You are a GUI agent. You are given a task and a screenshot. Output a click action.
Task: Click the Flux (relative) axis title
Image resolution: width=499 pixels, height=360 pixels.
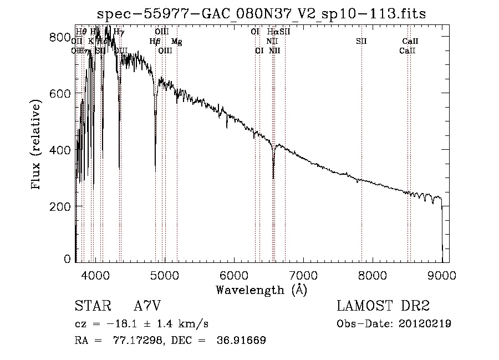37,145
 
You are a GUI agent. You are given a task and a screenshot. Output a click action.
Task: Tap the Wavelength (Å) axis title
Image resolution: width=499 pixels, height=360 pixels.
261,290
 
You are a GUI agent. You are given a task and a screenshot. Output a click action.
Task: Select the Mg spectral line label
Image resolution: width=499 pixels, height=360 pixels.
176,42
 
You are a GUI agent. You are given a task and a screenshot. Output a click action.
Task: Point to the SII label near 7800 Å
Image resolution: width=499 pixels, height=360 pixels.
361,42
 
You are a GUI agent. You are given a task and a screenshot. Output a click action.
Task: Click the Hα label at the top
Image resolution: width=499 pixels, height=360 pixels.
272,32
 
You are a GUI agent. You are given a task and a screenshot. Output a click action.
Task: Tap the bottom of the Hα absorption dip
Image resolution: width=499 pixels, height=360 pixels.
273,178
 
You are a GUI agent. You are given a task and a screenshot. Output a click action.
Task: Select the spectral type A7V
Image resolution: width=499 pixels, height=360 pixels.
147,306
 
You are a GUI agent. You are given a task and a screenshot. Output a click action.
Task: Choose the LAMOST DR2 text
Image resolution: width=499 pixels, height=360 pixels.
383,306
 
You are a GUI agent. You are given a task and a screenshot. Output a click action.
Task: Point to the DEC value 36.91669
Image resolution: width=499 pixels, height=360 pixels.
242,341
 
